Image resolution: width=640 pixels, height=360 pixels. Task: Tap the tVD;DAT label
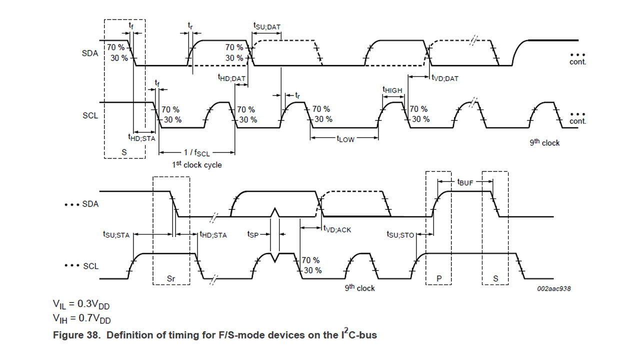(x=445, y=78)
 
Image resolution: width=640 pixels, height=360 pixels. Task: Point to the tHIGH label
(x=392, y=90)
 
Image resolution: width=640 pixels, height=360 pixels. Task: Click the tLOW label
(x=345, y=139)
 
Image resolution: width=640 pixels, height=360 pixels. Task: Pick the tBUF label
(x=465, y=182)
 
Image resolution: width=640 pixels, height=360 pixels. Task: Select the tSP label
(x=253, y=234)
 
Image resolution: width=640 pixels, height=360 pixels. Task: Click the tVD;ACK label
(x=337, y=229)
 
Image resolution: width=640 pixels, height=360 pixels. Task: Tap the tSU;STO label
(x=400, y=234)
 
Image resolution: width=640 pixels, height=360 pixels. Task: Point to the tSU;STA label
(x=116, y=234)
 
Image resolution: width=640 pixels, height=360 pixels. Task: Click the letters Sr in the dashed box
(x=171, y=277)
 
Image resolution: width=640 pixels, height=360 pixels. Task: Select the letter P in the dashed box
(x=438, y=277)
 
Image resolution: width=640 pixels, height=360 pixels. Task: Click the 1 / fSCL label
(x=196, y=152)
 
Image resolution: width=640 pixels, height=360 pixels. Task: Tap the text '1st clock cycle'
(x=196, y=164)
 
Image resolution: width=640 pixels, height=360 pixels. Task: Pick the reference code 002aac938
(x=553, y=289)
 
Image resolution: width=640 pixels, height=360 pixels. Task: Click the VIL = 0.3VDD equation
(x=81, y=304)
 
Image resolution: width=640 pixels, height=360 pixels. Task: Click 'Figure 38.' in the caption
(x=76, y=335)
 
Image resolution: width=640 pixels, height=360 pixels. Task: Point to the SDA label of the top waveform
(x=90, y=53)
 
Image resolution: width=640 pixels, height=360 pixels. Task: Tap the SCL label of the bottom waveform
(x=90, y=266)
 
